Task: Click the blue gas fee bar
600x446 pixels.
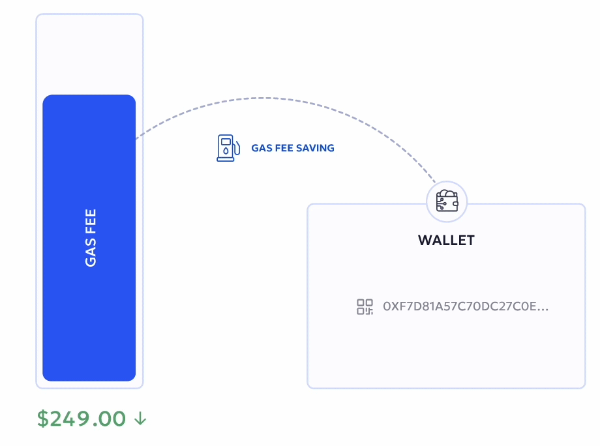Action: [x=89, y=237]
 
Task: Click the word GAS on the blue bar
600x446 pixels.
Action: [x=90, y=252]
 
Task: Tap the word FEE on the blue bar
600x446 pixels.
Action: [x=90, y=221]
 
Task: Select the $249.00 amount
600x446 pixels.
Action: [x=82, y=419]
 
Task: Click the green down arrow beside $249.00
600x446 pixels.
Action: [x=140, y=419]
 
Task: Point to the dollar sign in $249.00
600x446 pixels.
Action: [x=43, y=419]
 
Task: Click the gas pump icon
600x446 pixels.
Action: [x=228, y=147]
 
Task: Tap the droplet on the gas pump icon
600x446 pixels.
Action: [x=226, y=151]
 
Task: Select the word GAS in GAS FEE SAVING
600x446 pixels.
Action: [x=262, y=148]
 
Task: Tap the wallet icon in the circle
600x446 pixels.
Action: [x=447, y=201]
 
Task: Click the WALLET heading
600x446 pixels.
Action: [x=447, y=240]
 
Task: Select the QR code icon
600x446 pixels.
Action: [x=365, y=306]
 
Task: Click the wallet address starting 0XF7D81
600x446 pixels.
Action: [x=466, y=306]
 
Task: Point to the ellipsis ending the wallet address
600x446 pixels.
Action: [x=543, y=310]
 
